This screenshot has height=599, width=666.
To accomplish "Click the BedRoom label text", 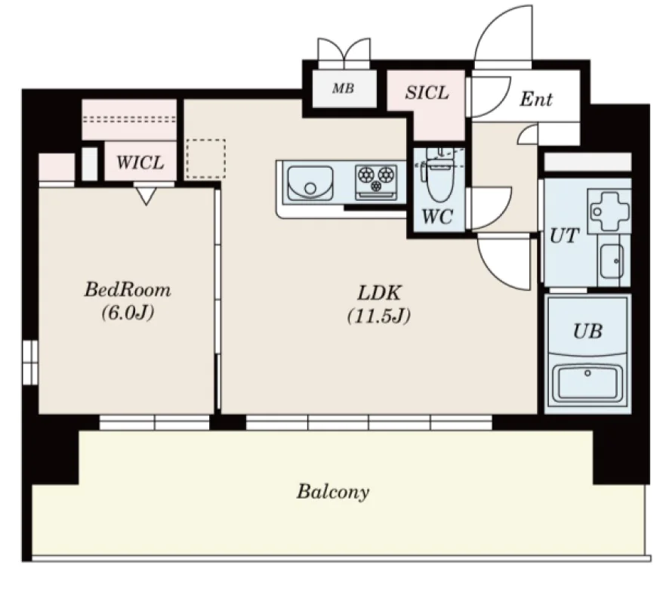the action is pyautogui.click(x=128, y=290).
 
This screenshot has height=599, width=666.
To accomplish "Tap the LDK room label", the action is pyautogui.click(x=379, y=293).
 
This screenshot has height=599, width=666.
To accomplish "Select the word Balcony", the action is pyautogui.click(x=333, y=492).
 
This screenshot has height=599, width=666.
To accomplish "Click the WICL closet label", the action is pyautogui.click(x=140, y=162).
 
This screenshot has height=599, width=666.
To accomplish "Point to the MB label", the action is pyautogui.click(x=343, y=88).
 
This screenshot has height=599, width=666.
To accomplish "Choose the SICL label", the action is pyautogui.click(x=427, y=93).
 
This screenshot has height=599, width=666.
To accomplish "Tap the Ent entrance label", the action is pyautogui.click(x=536, y=99).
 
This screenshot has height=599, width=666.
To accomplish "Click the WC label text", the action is pyautogui.click(x=437, y=217).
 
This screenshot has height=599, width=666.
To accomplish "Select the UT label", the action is pyautogui.click(x=564, y=236).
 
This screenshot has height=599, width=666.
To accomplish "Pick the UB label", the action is pyautogui.click(x=587, y=331).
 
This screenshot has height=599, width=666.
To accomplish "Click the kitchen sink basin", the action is pyautogui.click(x=310, y=184).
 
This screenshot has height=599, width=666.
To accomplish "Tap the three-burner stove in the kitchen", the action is pyautogui.click(x=376, y=182).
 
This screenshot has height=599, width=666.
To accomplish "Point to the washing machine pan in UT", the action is pyautogui.click(x=609, y=210).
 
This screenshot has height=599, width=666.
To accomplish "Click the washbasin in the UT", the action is pyautogui.click(x=612, y=261).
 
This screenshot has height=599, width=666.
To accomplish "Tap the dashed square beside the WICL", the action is pyautogui.click(x=205, y=159).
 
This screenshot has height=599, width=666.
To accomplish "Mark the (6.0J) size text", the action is pyautogui.click(x=128, y=313).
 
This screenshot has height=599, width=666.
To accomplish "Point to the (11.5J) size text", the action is pyautogui.click(x=379, y=316).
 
